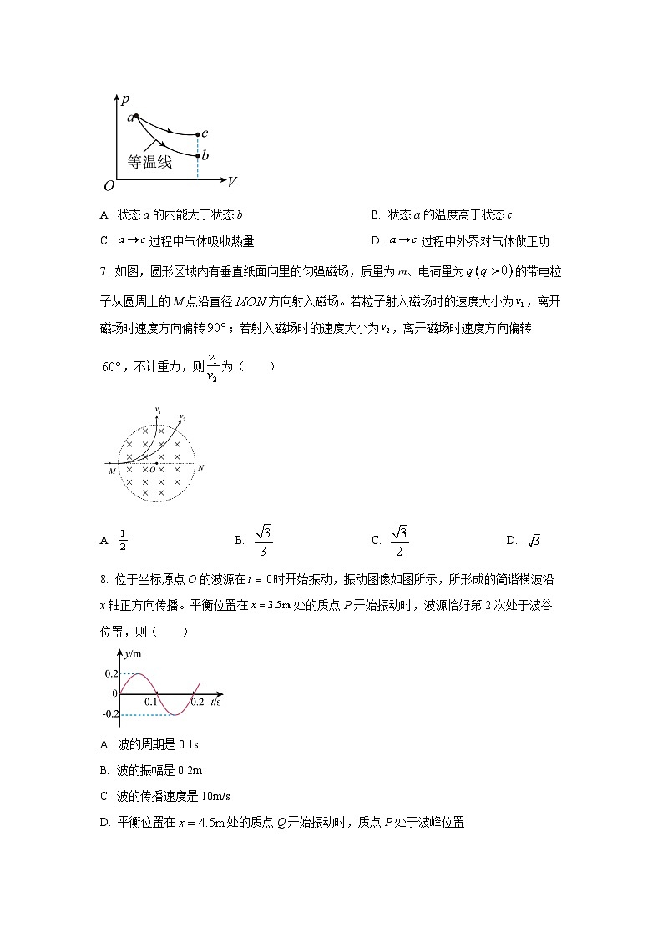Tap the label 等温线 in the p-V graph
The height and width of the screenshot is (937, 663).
(x=149, y=163)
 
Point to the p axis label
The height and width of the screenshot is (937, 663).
(x=124, y=100)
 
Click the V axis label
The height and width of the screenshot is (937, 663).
(x=232, y=180)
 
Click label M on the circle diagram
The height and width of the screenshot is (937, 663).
(x=111, y=471)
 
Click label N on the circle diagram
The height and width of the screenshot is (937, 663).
(x=200, y=468)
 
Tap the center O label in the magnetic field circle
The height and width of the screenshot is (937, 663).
(x=152, y=470)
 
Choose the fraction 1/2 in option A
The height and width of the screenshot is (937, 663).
(x=123, y=541)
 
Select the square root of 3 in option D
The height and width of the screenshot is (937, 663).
(x=534, y=541)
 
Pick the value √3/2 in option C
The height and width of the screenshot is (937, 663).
(x=400, y=540)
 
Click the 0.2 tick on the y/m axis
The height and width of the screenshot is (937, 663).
(x=111, y=673)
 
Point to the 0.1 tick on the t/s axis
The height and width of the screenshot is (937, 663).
(x=151, y=703)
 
